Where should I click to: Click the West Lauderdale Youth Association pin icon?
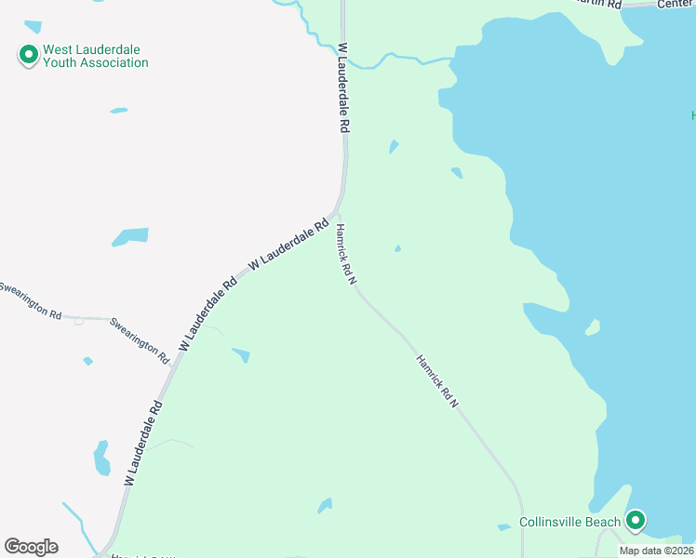click(x=28, y=56)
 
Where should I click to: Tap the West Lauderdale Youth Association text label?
click(x=93, y=57)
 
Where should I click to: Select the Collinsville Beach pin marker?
click(x=636, y=520)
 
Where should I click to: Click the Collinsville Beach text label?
click(x=569, y=522)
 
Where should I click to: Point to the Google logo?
click(x=31, y=547)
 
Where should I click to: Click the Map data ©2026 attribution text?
click(x=657, y=551)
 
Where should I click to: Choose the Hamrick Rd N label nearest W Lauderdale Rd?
click(x=347, y=254)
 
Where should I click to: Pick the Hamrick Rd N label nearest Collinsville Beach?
click(x=437, y=381)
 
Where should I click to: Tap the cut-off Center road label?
click(x=676, y=4)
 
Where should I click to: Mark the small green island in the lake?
click(x=592, y=327)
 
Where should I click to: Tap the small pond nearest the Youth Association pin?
click(x=118, y=111)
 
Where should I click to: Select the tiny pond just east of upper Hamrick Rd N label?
click(x=397, y=248)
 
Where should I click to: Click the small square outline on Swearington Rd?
click(x=79, y=322)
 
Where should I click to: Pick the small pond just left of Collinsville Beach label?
click(x=503, y=527)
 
